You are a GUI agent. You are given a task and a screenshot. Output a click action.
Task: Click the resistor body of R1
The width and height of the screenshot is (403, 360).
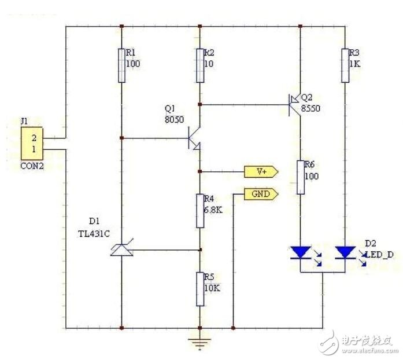(122, 65)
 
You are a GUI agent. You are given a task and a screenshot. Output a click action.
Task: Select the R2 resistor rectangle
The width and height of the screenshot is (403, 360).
(200, 65)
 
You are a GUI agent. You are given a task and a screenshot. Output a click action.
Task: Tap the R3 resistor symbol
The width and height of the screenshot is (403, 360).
(345, 65)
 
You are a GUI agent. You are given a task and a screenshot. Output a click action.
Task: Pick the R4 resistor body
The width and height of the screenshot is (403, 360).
(200, 211)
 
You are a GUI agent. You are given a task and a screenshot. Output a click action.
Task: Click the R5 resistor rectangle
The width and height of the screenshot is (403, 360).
(200, 289)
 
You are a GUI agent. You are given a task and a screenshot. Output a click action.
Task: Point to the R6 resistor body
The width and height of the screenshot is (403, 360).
(301, 177)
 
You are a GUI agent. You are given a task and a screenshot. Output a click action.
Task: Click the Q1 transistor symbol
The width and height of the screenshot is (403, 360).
(194, 138)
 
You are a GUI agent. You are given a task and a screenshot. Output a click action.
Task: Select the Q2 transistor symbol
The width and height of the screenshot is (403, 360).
(294, 105)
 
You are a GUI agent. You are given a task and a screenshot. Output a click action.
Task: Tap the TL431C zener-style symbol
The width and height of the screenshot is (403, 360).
(122, 249)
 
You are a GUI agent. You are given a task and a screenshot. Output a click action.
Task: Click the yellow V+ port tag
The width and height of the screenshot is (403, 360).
(261, 172)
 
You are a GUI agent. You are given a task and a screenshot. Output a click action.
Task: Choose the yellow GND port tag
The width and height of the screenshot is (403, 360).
(261, 194)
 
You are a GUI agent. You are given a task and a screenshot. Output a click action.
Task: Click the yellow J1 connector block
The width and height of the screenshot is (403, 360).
(32, 144)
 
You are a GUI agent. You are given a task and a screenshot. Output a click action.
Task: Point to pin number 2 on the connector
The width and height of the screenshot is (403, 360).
(34, 138)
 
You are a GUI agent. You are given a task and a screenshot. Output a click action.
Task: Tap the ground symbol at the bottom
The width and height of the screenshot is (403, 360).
(200, 344)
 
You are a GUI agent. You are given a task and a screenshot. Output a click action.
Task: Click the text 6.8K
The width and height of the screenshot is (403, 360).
(213, 210)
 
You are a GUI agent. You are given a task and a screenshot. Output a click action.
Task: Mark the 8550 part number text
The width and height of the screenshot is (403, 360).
(310, 108)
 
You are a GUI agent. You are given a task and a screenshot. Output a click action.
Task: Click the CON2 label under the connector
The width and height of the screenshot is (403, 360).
(32, 166)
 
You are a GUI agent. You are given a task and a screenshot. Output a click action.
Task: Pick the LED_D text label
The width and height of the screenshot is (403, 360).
(379, 255)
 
